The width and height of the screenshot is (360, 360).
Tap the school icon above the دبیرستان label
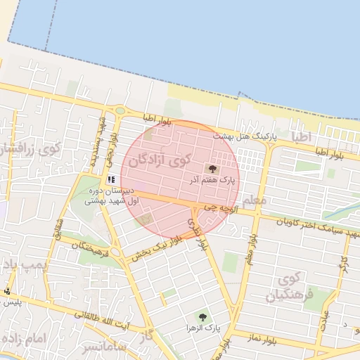[x=111, y=179]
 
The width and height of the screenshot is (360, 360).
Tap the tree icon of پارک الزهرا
[x=203, y=316]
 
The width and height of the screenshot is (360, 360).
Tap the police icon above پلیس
[x=8, y=291]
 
